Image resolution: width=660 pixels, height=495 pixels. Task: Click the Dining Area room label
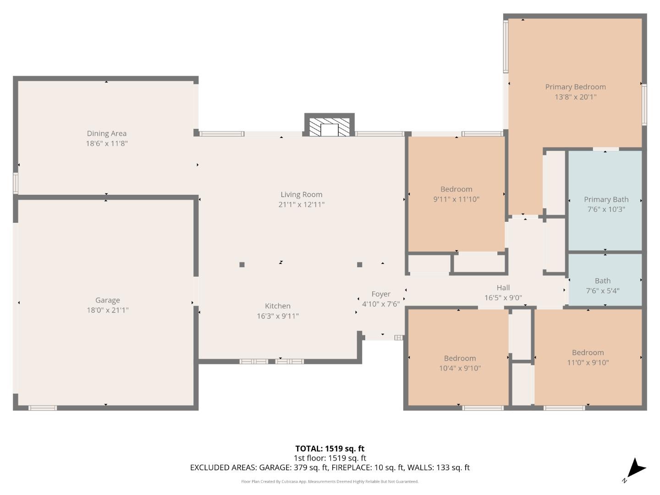(106, 133)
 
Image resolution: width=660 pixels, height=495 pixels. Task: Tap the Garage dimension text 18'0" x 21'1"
(107, 310)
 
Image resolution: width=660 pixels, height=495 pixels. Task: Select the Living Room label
(301, 194)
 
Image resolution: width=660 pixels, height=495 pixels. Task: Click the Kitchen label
(277, 306)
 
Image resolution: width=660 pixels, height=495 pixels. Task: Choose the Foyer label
(380, 294)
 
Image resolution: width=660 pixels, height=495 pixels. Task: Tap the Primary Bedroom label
(575, 87)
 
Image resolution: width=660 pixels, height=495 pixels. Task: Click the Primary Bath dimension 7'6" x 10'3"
(606, 209)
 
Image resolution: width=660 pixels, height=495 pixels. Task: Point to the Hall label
(503, 288)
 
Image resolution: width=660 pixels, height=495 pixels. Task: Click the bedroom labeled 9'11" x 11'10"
(456, 194)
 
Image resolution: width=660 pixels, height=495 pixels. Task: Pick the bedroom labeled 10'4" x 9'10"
(460, 363)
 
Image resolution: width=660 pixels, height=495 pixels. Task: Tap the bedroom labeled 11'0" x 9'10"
(588, 357)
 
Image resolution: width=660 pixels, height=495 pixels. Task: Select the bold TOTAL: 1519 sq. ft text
(330, 449)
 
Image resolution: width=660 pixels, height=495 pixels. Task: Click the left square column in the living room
(242, 264)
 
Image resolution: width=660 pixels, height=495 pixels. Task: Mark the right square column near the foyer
(360, 264)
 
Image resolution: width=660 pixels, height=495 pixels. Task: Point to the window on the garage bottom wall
(43, 407)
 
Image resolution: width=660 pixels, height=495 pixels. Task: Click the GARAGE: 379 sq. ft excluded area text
(293, 467)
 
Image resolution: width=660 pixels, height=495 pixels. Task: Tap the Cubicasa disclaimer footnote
(330, 482)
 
